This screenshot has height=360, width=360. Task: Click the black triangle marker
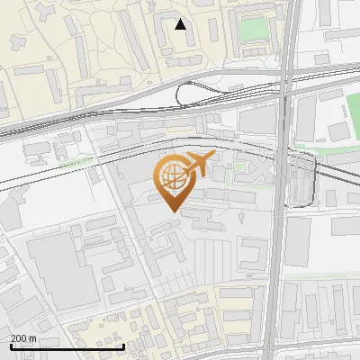coord(181,24)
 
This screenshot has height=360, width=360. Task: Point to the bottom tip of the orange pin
coord(173,211)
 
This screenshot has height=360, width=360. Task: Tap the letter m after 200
coord(32,338)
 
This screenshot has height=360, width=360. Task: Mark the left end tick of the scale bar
coord(10,346)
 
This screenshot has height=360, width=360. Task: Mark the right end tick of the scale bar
coord(124,346)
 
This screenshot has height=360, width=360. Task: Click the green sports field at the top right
coord(253,29)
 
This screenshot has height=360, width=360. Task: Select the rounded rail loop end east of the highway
coord(306,180)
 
